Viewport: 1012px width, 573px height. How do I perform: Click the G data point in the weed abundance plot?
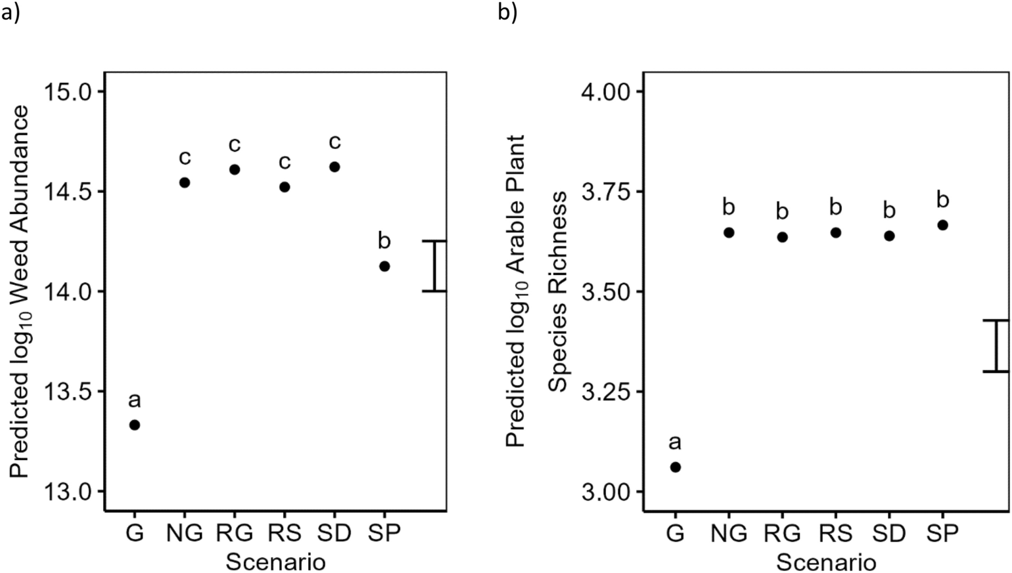pos(134,425)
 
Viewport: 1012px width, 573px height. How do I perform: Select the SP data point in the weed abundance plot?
pos(384,266)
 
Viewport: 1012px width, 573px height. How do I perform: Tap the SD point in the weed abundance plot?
pos(334,167)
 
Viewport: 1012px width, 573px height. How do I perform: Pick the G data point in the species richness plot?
pos(675,467)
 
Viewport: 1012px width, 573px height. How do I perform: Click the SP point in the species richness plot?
pos(942,225)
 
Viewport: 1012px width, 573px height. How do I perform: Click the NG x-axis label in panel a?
pos(185,533)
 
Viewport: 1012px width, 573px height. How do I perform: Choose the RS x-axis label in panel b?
pos(836,533)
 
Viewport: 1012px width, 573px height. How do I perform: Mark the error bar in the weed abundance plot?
pos(434,266)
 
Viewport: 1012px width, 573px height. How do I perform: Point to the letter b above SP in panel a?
pos(384,241)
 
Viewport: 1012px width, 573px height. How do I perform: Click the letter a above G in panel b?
pos(675,442)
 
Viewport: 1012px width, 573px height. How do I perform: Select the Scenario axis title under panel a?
pos(275,562)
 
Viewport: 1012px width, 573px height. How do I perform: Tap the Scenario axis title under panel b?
pos(826,562)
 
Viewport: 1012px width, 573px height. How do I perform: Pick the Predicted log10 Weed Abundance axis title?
pos(20,291)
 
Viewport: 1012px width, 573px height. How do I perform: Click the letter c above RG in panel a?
pos(235,144)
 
